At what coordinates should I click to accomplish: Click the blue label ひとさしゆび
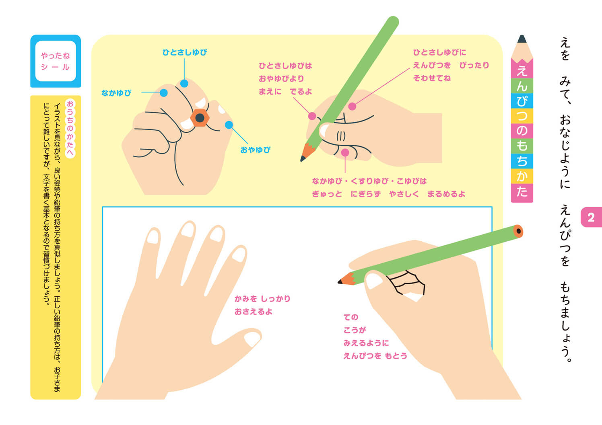(x=185, y=52)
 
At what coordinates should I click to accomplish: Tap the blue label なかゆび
(x=116, y=93)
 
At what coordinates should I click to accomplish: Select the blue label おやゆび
(x=255, y=150)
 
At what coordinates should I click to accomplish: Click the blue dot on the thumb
(x=229, y=125)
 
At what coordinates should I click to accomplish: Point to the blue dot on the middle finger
(x=164, y=93)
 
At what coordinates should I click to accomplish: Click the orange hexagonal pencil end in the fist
(x=200, y=118)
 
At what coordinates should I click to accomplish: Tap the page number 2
(x=591, y=217)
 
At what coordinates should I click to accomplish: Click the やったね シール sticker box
(x=56, y=61)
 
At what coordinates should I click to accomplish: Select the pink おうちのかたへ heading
(x=70, y=128)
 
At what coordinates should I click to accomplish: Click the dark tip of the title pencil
(x=522, y=39)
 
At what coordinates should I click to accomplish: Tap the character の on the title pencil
(x=522, y=131)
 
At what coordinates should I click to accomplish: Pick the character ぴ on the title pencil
(x=522, y=101)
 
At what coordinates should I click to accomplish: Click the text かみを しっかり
(x=262, y=299)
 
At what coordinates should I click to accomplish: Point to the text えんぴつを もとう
(x=375, y=356)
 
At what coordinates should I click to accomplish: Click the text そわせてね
(x=432, y=78)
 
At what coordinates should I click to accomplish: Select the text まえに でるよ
(x=285, y=92)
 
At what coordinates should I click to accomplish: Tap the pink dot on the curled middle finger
(x=345, y=153)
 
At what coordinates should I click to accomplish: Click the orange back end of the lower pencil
(x=518, y=231)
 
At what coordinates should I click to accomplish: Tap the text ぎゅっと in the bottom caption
(x=327, y=194)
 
